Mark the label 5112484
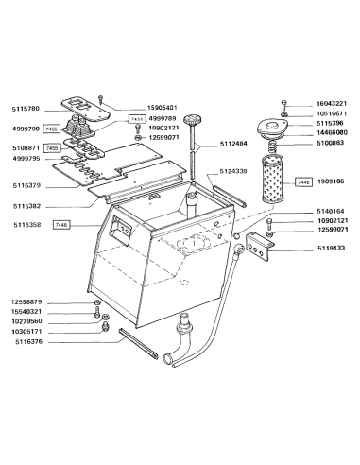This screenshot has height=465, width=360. point(232,145)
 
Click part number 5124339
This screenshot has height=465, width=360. point(232,171)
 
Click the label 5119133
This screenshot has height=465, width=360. point(331,248)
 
